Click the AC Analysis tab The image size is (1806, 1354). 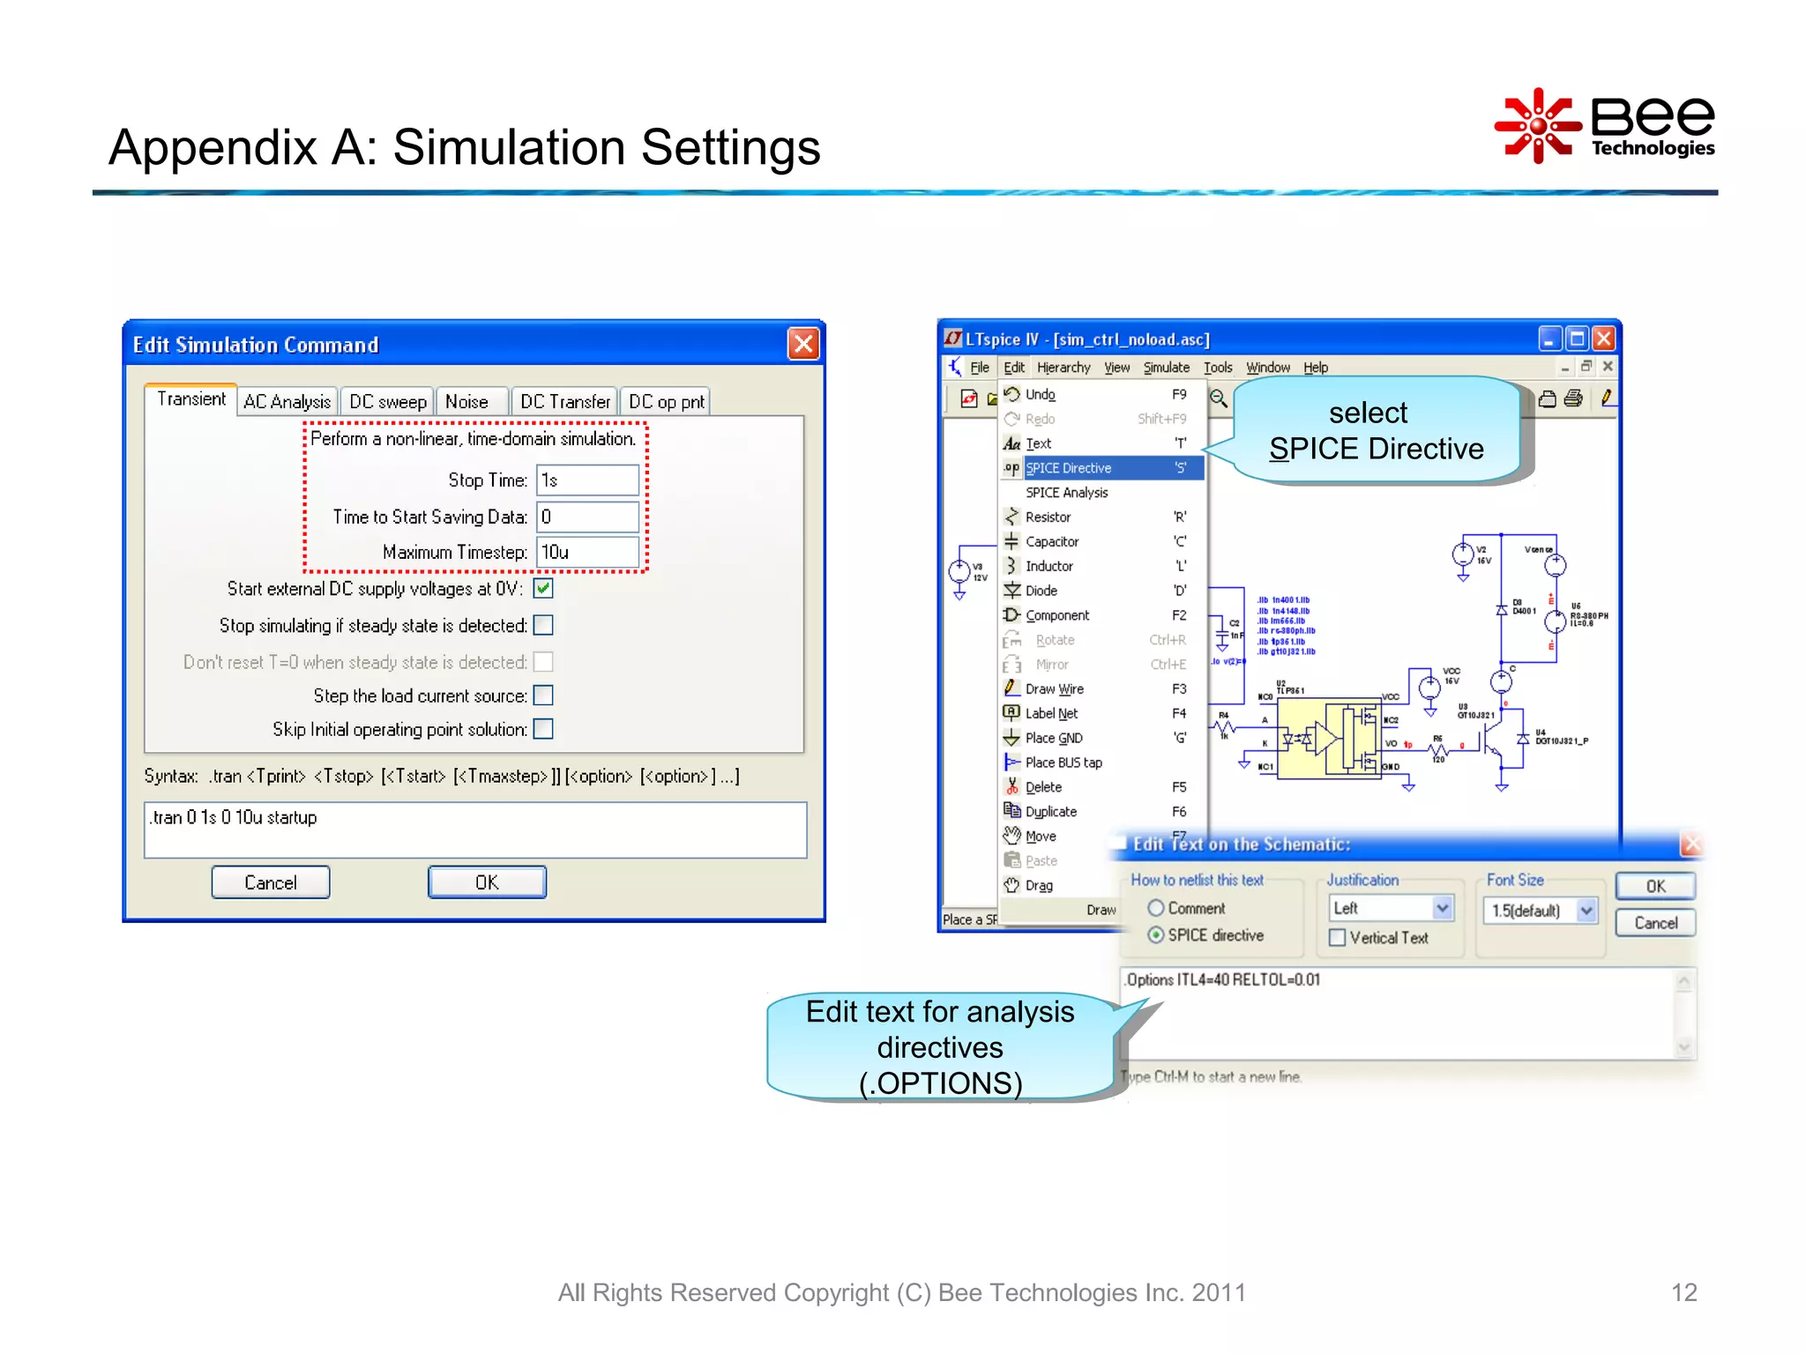287,402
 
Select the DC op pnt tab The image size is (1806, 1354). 666,402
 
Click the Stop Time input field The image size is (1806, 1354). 587,480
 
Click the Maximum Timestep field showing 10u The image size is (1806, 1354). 587,553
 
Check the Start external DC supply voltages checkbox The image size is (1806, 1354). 543,589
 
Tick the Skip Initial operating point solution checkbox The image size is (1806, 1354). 543,729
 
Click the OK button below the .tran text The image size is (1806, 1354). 487,882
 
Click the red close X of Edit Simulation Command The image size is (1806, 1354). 803,344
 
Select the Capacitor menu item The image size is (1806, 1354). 1052,542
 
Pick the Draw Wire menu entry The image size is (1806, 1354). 1055,689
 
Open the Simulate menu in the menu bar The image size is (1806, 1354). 1166,368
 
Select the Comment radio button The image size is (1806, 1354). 1156,908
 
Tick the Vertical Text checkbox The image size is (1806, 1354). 1338,938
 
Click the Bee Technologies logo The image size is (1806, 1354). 1605,126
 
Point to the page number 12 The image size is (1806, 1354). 1683,1292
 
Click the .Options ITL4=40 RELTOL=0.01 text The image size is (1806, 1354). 1224,980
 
